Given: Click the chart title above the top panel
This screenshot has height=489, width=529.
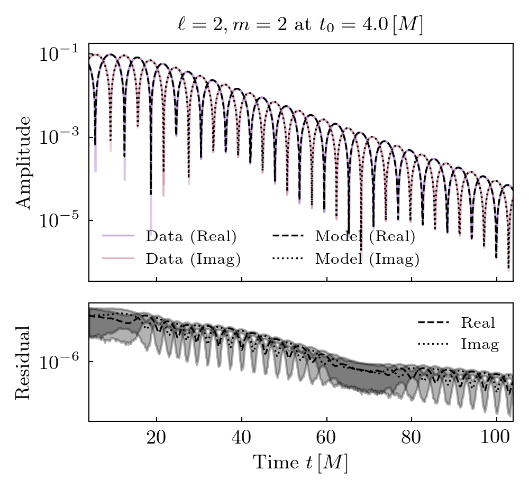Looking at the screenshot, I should (300, 25).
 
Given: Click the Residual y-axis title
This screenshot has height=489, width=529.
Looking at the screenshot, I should (23, 362).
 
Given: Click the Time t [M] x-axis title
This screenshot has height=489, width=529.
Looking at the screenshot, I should (300, 463).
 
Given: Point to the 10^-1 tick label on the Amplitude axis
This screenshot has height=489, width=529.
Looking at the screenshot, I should (58, 53).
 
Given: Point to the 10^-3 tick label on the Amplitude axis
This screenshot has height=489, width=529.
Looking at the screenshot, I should (58, 136).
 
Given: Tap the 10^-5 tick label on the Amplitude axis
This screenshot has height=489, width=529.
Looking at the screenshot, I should (58, 219).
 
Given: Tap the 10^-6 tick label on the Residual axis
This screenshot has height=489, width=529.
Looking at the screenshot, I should (58, 362).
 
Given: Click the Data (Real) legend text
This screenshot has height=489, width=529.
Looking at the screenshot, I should (191, 236).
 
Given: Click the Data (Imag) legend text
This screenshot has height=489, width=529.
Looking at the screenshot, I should (193, 259).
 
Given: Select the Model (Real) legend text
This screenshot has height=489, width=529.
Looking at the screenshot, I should (365, 236).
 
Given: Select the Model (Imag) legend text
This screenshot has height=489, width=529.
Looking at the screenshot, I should (367, 259).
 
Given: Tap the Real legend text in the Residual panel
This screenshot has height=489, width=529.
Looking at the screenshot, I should (478, 322).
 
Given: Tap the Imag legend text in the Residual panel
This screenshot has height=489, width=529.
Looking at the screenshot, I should (480, 345).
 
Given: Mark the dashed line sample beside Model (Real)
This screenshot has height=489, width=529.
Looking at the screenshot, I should (288, 236).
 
